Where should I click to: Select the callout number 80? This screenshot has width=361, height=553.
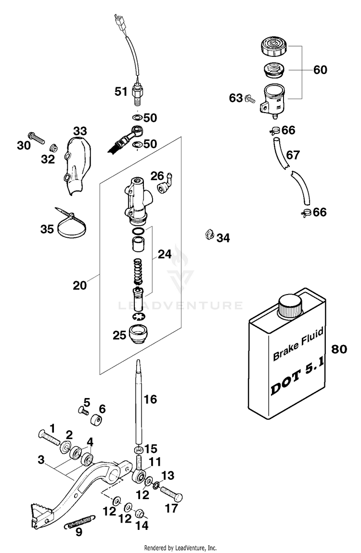pos(339,349)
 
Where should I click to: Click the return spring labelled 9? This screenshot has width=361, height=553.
pos(80,522)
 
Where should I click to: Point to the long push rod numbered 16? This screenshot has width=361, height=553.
pos(138,401)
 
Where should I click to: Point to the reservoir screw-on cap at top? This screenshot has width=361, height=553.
pos(274,46)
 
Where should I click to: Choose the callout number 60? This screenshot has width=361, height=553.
pos(320,70)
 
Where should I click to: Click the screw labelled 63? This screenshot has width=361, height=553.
pos(250,99)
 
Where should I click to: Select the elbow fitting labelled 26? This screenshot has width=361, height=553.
pos(165,182)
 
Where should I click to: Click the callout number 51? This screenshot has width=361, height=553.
pos(121,92)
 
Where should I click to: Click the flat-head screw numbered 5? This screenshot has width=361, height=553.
pos(83,411)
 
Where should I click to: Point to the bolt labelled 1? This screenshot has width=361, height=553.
pos(49,438)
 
